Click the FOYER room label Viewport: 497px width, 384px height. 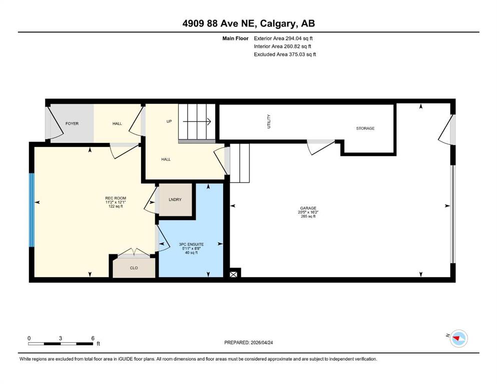pyautogui.click(x=72, y=123)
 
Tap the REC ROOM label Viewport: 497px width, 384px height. pyautogui.click(x=116, y=198)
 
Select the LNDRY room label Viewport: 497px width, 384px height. pyautogui.click(x=175, y=199)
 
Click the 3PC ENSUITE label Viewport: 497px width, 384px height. pyautogui.click(x=191, y=244)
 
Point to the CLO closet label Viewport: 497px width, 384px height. pyautogui.click(x=134, y=268)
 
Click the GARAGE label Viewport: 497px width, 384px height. pyautogui.click(x=308, y=208)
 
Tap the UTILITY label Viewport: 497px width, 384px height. pyautogui.click(x=269, y=121)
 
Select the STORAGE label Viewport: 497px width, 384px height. pyautogui.click(x=365, y=128)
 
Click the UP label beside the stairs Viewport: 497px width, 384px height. pyautogui.click(x=169, y=121)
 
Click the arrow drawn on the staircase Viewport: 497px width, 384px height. pyautogui.click(x=197, y=121)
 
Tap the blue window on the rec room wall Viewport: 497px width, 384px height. pyautogui.click(x=32, y=210)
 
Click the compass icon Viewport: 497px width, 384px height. pyautogui.click(x=458, y=338)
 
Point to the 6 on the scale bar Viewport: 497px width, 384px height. pyautogui.click(x=93, y=338)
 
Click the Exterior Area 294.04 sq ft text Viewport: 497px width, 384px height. pyautogui.click(x=283, y=38)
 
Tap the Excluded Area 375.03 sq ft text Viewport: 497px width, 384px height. pyautogui.click(x=285, y=54)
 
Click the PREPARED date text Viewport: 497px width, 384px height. pyautogui.click(x=248, y=342)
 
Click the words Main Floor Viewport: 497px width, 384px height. pyautogui.click(x=235, y=38)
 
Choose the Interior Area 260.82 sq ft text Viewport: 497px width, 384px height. pyautogui.click(x=282, y=46)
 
